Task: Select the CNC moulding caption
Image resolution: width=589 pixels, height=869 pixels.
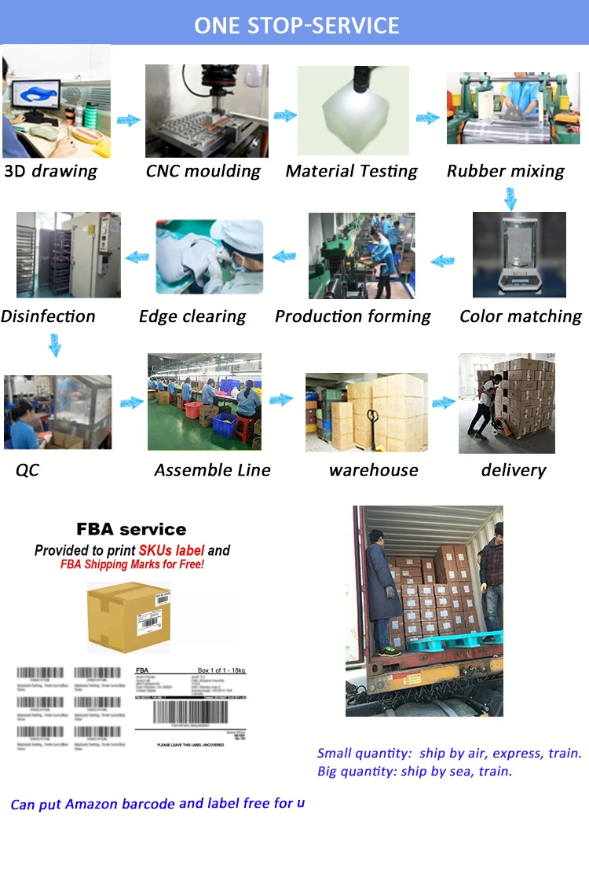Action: click(203, 171)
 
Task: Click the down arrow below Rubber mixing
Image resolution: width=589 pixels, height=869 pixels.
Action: click(510, 199)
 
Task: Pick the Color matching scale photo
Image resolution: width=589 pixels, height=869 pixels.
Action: click(518, 254)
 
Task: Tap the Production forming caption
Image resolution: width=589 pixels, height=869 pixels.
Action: click(353, 316)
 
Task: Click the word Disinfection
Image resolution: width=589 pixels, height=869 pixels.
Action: click(48, 316)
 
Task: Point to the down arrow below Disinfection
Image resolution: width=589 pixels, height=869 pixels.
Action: click(53, 344)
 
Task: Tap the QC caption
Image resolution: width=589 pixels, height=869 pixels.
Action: click(27, 470)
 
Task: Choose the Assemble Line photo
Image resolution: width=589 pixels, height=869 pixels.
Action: click(204, 401)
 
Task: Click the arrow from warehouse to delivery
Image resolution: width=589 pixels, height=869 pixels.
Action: click(444, 402)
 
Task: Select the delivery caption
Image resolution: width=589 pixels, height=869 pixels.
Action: click(513, 470)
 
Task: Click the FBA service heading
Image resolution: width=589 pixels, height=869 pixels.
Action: click(131, 529)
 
